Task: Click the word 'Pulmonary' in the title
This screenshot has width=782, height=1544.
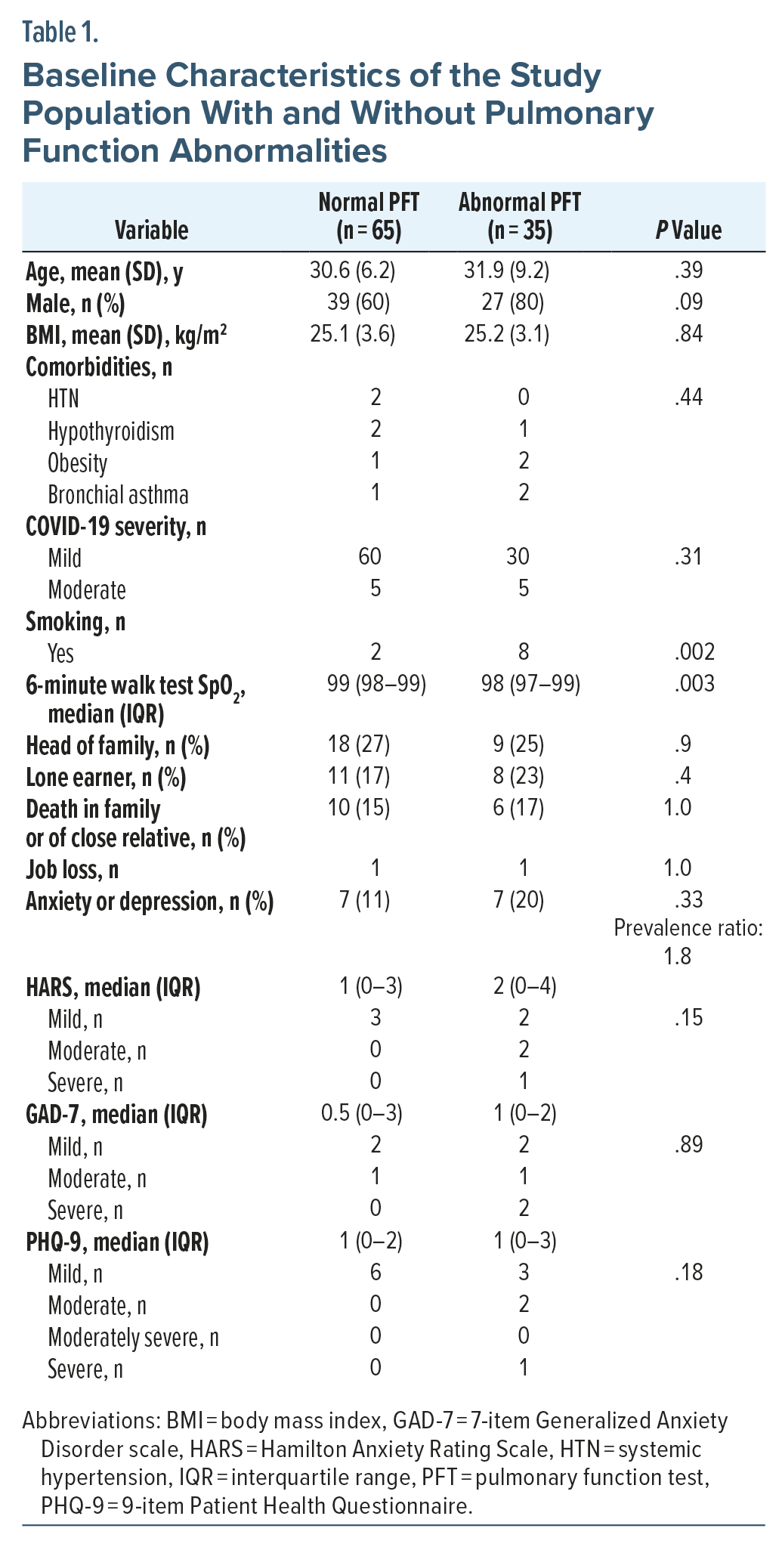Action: (570, 113)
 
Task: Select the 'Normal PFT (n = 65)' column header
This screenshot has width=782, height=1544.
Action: (369, 216)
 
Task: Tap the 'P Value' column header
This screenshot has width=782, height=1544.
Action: (688, 231)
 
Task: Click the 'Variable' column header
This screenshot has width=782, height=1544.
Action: (151, 231)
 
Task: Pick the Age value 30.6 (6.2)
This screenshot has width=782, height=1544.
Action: (352, 271)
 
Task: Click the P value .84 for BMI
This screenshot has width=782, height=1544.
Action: (688, 334)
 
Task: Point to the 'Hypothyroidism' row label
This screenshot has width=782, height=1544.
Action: (111, 431)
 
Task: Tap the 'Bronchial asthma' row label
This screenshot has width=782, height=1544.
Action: (118, 494)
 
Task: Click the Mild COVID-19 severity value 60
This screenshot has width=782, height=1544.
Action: (369, 557)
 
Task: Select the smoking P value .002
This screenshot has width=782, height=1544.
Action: (694, 652)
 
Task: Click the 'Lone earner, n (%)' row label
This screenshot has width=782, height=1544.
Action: (106, 777)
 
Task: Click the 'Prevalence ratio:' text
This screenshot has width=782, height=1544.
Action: (688, 927)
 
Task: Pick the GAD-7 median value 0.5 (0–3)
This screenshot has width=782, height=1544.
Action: (362, 1112)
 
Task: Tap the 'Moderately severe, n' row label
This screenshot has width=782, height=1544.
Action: (133, 1337)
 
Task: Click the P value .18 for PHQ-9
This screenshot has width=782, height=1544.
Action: (688, 1273)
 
